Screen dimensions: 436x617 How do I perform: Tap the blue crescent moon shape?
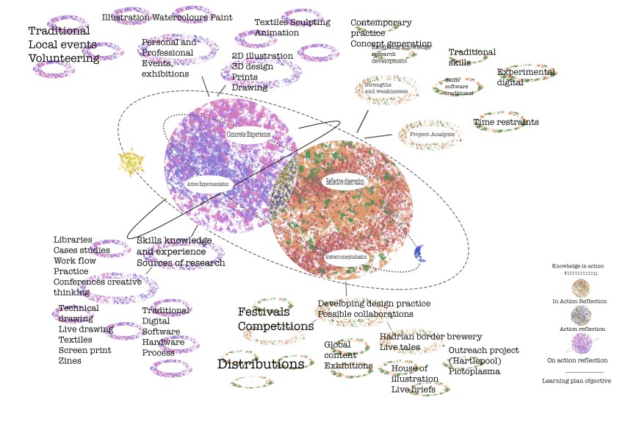(x=419, y=252)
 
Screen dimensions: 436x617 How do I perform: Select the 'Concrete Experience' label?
(x=248, y=135)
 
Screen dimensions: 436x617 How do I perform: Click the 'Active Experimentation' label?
(x=209, y=183)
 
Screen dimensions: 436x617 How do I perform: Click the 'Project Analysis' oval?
(x=429, y=135)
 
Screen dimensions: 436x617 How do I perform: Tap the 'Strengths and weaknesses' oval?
(x=386, y=88)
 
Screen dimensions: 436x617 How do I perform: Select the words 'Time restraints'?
(x=506, y=122)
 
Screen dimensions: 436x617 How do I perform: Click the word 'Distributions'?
(x=261, y=364)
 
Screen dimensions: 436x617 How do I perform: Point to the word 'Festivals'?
(x=263, y=312)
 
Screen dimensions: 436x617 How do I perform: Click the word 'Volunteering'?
(x=64, y=58)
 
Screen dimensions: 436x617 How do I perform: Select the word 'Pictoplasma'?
(x=475, y=371)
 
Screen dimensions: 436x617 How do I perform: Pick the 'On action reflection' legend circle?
(x=580, y=344)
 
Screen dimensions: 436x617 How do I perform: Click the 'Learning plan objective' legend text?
(x=576, y=381)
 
